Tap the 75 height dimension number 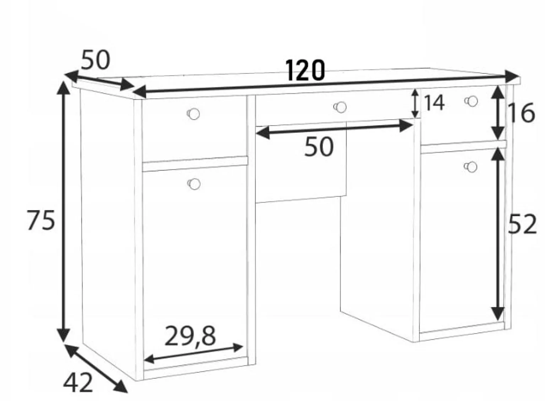pos(41,220)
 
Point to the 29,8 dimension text pos(190,336)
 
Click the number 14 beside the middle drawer pos(435,103)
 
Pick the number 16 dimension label pos(521,114)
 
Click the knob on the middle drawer pos(340,107)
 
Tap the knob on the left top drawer pos(194,114)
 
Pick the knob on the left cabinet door pos(194,184)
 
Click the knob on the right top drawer pos(471,101)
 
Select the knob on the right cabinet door pos(471,167)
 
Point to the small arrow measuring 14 pos(415,103)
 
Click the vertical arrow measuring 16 pos(498,113)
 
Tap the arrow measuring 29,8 pos(194,353)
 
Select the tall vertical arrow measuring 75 pos(64,212)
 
